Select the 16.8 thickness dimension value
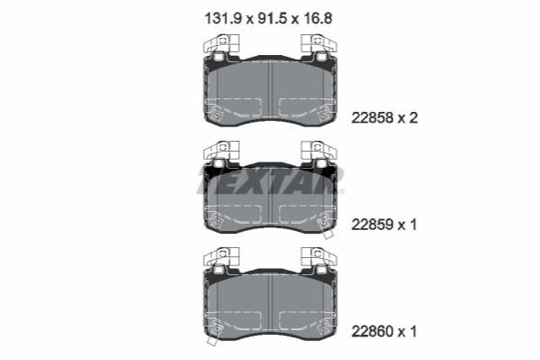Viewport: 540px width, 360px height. tap(318, 19)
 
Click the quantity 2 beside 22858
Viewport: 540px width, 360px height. tap(413, 118)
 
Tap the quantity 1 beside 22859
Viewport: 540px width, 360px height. tap(413, 225)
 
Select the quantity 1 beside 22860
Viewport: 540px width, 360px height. tap(413, 332)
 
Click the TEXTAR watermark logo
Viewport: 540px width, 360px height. tap(270, 180)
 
